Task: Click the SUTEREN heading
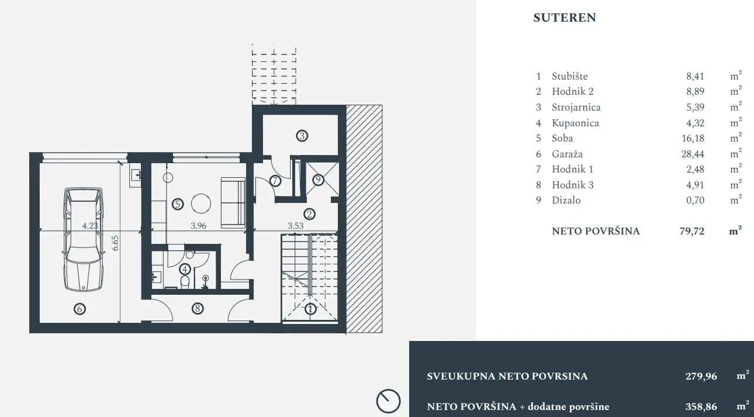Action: (565, 18)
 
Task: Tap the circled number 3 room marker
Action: (302, 136)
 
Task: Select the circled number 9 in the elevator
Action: (318, 180)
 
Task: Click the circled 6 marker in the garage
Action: (79, 309)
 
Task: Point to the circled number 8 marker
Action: (198, 309)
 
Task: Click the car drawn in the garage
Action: (83, 239)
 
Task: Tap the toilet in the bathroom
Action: (185, 282)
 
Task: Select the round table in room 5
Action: (201, 204)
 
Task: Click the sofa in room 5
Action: (233, 203)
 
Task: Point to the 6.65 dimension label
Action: (115, 243)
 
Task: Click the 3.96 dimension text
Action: (198, 226)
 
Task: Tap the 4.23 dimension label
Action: (90, 226)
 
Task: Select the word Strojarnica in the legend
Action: (576, 108)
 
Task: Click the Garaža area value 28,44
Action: (693, 154)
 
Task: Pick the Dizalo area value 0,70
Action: (695, 201)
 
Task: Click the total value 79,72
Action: (692, 232)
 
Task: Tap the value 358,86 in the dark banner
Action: (701, 407)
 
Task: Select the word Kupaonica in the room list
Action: (575, 123)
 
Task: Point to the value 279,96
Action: (701, 376)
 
